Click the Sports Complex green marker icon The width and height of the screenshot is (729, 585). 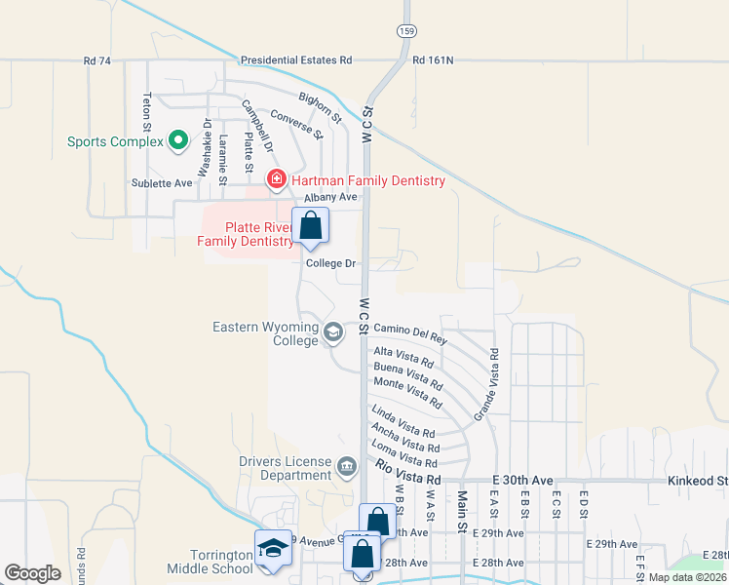tap(177, 141)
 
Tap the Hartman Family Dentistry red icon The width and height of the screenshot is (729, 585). tap(276, 180)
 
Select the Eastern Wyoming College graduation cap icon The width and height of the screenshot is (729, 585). tap(333, 333)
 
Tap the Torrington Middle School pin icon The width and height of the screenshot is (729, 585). tap(273, 550)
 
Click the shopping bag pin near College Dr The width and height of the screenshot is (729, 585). tap(311, 227)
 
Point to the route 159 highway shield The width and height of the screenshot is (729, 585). tap(404, 32)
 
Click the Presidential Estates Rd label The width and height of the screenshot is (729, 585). tap(296, 60)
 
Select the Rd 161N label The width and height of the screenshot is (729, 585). tap(433, 60)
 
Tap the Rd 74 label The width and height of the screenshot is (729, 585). tap(97, 60)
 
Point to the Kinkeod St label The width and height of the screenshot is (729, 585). tap(698, 481)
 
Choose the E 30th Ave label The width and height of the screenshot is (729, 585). tap(522, 481)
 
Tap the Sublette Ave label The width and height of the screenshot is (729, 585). tap(162, 182)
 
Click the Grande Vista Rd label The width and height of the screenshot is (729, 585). tap(486, 384)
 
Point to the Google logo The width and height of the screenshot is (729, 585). tap(32, 573)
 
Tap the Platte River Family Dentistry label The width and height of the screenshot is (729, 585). tap(246, 233)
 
